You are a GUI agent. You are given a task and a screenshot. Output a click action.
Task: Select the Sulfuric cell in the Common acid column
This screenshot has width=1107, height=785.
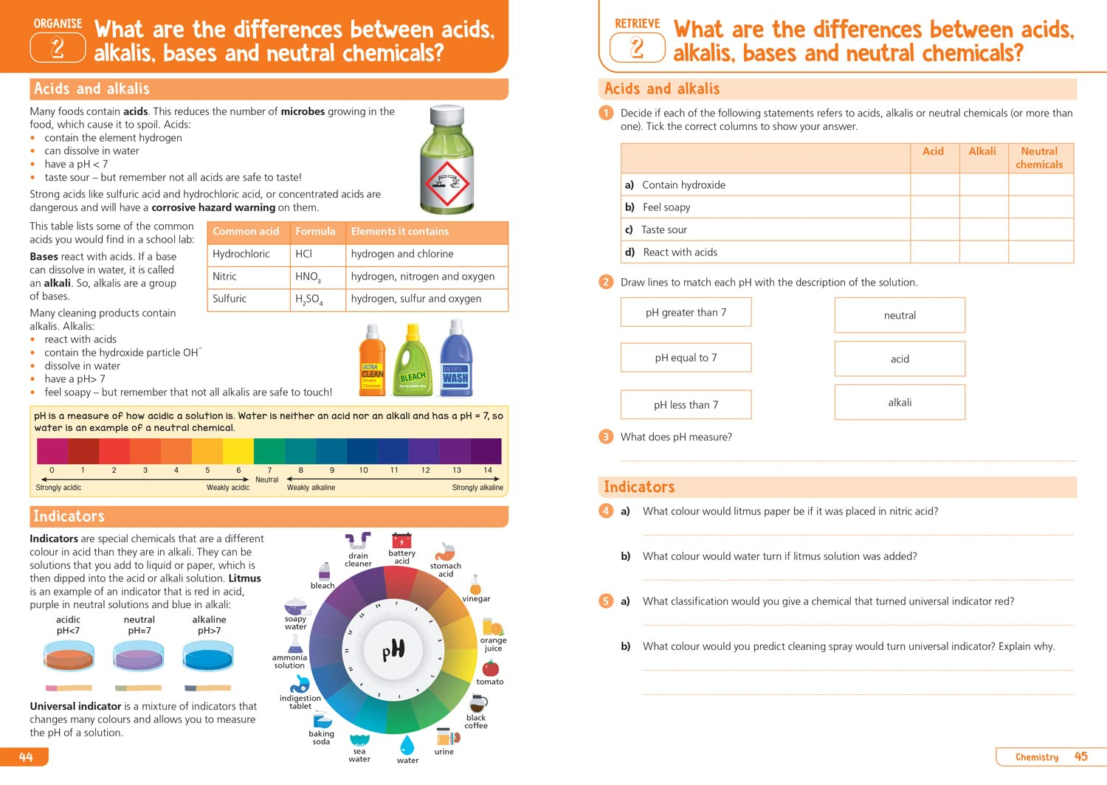[x=230, y=299]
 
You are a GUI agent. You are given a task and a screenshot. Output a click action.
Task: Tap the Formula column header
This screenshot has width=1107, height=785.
[x=315, y=232]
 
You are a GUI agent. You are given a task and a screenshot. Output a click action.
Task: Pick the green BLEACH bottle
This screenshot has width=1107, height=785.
[x=413, y=362]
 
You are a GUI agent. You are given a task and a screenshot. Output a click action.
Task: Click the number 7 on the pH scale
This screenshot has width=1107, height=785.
[x=269, y=470]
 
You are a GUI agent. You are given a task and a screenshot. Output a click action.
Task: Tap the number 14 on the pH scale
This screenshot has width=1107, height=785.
[x=488, y=470]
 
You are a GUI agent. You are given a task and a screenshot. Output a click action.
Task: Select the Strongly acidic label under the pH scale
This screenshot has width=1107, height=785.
[x=58, y=488]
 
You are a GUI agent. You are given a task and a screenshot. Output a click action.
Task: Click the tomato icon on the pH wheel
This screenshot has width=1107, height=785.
[x=490, y=668]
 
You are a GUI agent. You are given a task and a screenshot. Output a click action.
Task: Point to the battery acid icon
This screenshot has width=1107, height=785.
[x=401, y=541]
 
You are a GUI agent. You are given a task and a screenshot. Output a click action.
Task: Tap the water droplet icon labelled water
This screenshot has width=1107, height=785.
[x=407, y=744]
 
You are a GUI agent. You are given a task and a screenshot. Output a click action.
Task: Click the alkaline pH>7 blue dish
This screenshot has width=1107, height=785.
[x=209, y=657]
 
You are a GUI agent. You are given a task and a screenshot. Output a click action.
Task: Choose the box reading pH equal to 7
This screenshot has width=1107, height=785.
[x=686, y=358]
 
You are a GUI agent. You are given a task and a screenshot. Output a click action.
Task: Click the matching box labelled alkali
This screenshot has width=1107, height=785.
[x=900, y=402]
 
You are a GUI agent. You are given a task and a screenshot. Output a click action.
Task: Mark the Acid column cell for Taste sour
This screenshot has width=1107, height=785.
[x=934, y=229]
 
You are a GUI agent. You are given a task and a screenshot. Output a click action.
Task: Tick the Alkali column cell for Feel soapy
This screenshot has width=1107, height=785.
[x=983, y=207]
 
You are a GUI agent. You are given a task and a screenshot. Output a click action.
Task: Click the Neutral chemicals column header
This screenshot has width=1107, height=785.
[x=1039, y=158]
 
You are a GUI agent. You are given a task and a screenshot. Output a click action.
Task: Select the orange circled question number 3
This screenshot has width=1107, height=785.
[x=606, y=437]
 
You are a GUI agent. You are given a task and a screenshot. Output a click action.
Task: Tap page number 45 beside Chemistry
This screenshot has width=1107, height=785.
[x=1081, y=757]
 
